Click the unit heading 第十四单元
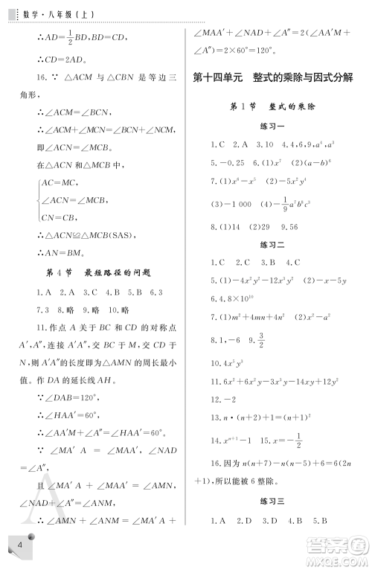[217, 77]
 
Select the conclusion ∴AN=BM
[62, 253]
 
